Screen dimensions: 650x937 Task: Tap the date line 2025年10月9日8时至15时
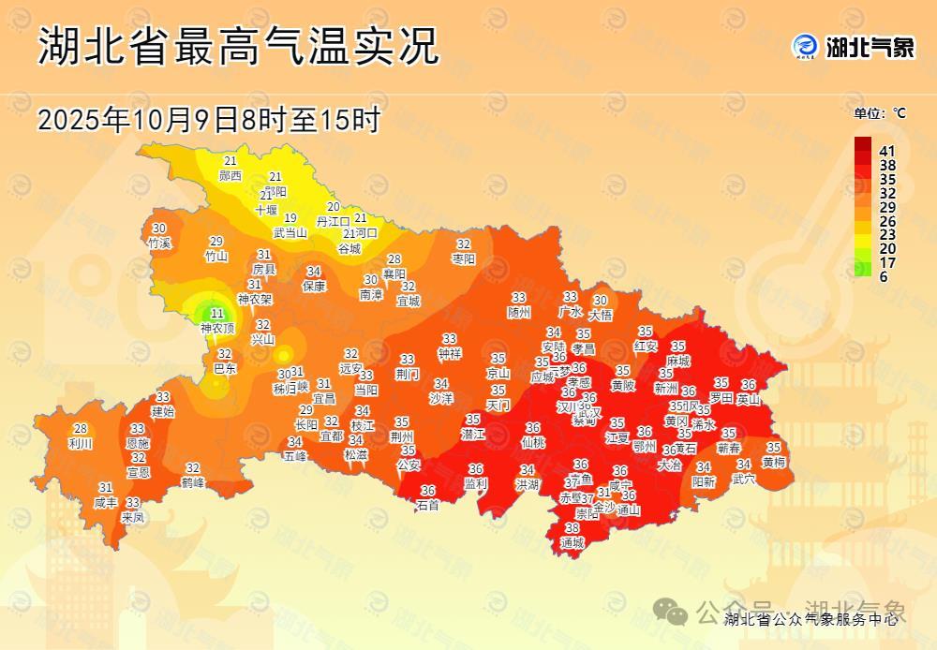tap(209, 120)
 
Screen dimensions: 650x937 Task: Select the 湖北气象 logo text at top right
tap(870, 46)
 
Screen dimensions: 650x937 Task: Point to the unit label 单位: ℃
tap(880, 113)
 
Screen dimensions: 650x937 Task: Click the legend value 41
tap(888, 151)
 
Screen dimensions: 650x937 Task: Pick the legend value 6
tap(884, 276)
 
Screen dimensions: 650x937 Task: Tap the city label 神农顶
tap(217, 329)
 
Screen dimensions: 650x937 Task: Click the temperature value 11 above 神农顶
tap(217, 314)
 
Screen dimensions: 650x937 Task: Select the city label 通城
tap(572, 542)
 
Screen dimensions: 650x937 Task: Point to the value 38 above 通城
tap(572, 528)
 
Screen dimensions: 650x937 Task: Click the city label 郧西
tap(230, 175)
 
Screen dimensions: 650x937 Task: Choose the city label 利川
tap(81, 443)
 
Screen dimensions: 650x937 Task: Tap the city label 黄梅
tap(774, 462)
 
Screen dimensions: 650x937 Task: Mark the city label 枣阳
tap(464, 258)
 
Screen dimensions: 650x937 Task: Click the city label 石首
tap(428, 505)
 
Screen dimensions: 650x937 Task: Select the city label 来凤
tap(133, 517)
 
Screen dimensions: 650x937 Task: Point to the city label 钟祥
tap(450, 353)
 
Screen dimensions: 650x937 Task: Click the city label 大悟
tap(600, 316)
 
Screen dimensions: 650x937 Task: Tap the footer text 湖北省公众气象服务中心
tap(811, 619)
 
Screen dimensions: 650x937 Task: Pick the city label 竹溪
tap(159, 243)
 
